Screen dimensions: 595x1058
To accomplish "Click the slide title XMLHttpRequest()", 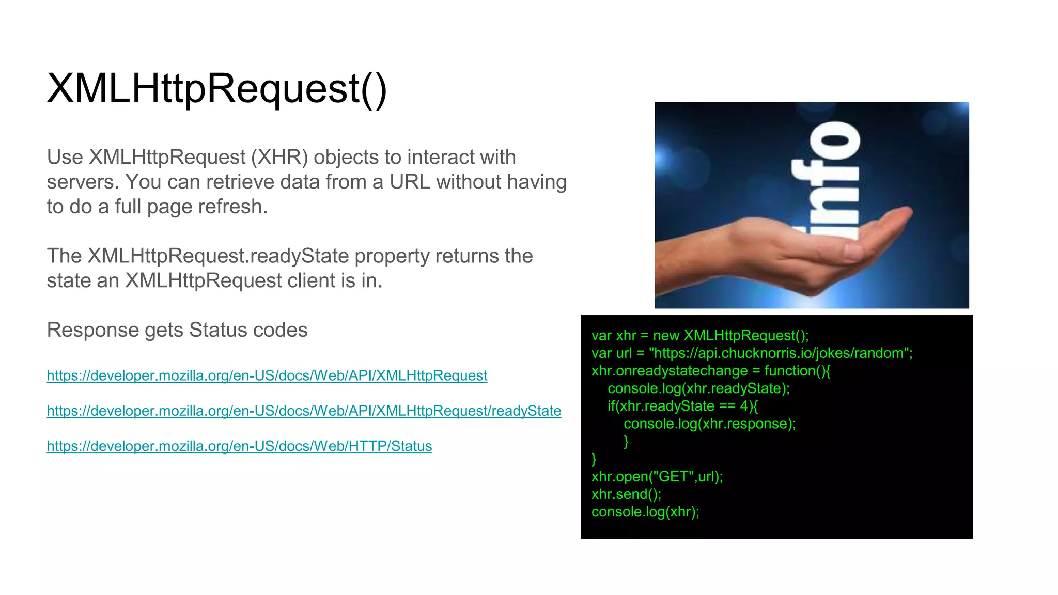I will [x=217, y=89].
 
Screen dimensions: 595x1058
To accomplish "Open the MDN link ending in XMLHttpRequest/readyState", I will [x=304, y=411].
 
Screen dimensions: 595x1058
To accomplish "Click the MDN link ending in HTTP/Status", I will [x=239, y=446].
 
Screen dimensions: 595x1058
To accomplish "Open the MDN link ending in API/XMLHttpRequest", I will [x=267, y=375].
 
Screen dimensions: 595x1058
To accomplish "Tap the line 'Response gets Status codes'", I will [x=177, y=330].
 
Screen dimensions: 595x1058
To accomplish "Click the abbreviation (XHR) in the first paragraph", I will [x=279, y=157].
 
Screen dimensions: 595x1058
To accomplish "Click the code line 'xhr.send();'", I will [x=626, y=494].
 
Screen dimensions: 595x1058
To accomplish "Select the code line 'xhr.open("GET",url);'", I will [x=657, y=476].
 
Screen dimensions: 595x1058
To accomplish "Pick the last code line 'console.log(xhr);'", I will [x=645, y=512].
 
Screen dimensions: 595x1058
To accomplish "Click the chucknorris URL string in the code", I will [x=780, y=353].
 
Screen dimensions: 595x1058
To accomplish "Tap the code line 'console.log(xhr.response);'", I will [x=709, y=424].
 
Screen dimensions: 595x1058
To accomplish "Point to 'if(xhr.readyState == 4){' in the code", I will [x=682, y=406].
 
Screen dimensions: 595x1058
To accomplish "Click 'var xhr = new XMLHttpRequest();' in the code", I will [x=700, y=336].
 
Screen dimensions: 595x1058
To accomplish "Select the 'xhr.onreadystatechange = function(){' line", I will [x=710, y=371].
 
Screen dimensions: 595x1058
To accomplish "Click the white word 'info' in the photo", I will [x=826, y=181].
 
